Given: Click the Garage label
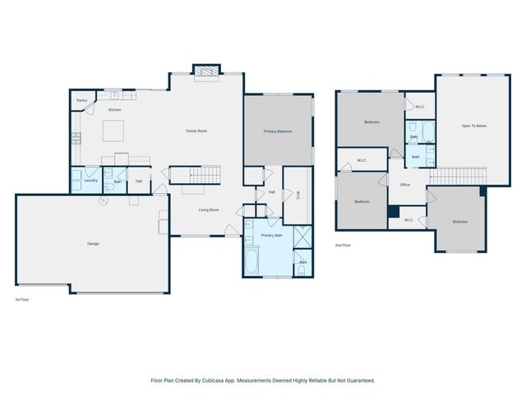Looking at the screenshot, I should pos(94,244).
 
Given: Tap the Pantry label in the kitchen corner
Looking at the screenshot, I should pos(81,100).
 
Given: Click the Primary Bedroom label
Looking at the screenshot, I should pos(278,131).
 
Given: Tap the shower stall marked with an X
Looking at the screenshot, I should pos(302,237).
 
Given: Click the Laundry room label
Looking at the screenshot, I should pos(90,181).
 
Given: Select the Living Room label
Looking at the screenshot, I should pos(209,210).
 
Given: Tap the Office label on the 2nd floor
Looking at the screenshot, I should pos(404,185).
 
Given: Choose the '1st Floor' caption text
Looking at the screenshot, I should pos(23,300).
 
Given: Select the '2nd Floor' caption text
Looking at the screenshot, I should pos(344,245).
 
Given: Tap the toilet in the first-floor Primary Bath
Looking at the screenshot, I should pos(303,268).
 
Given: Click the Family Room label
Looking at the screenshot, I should pos(196,131).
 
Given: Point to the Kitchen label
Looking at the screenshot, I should pos(115,110).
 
